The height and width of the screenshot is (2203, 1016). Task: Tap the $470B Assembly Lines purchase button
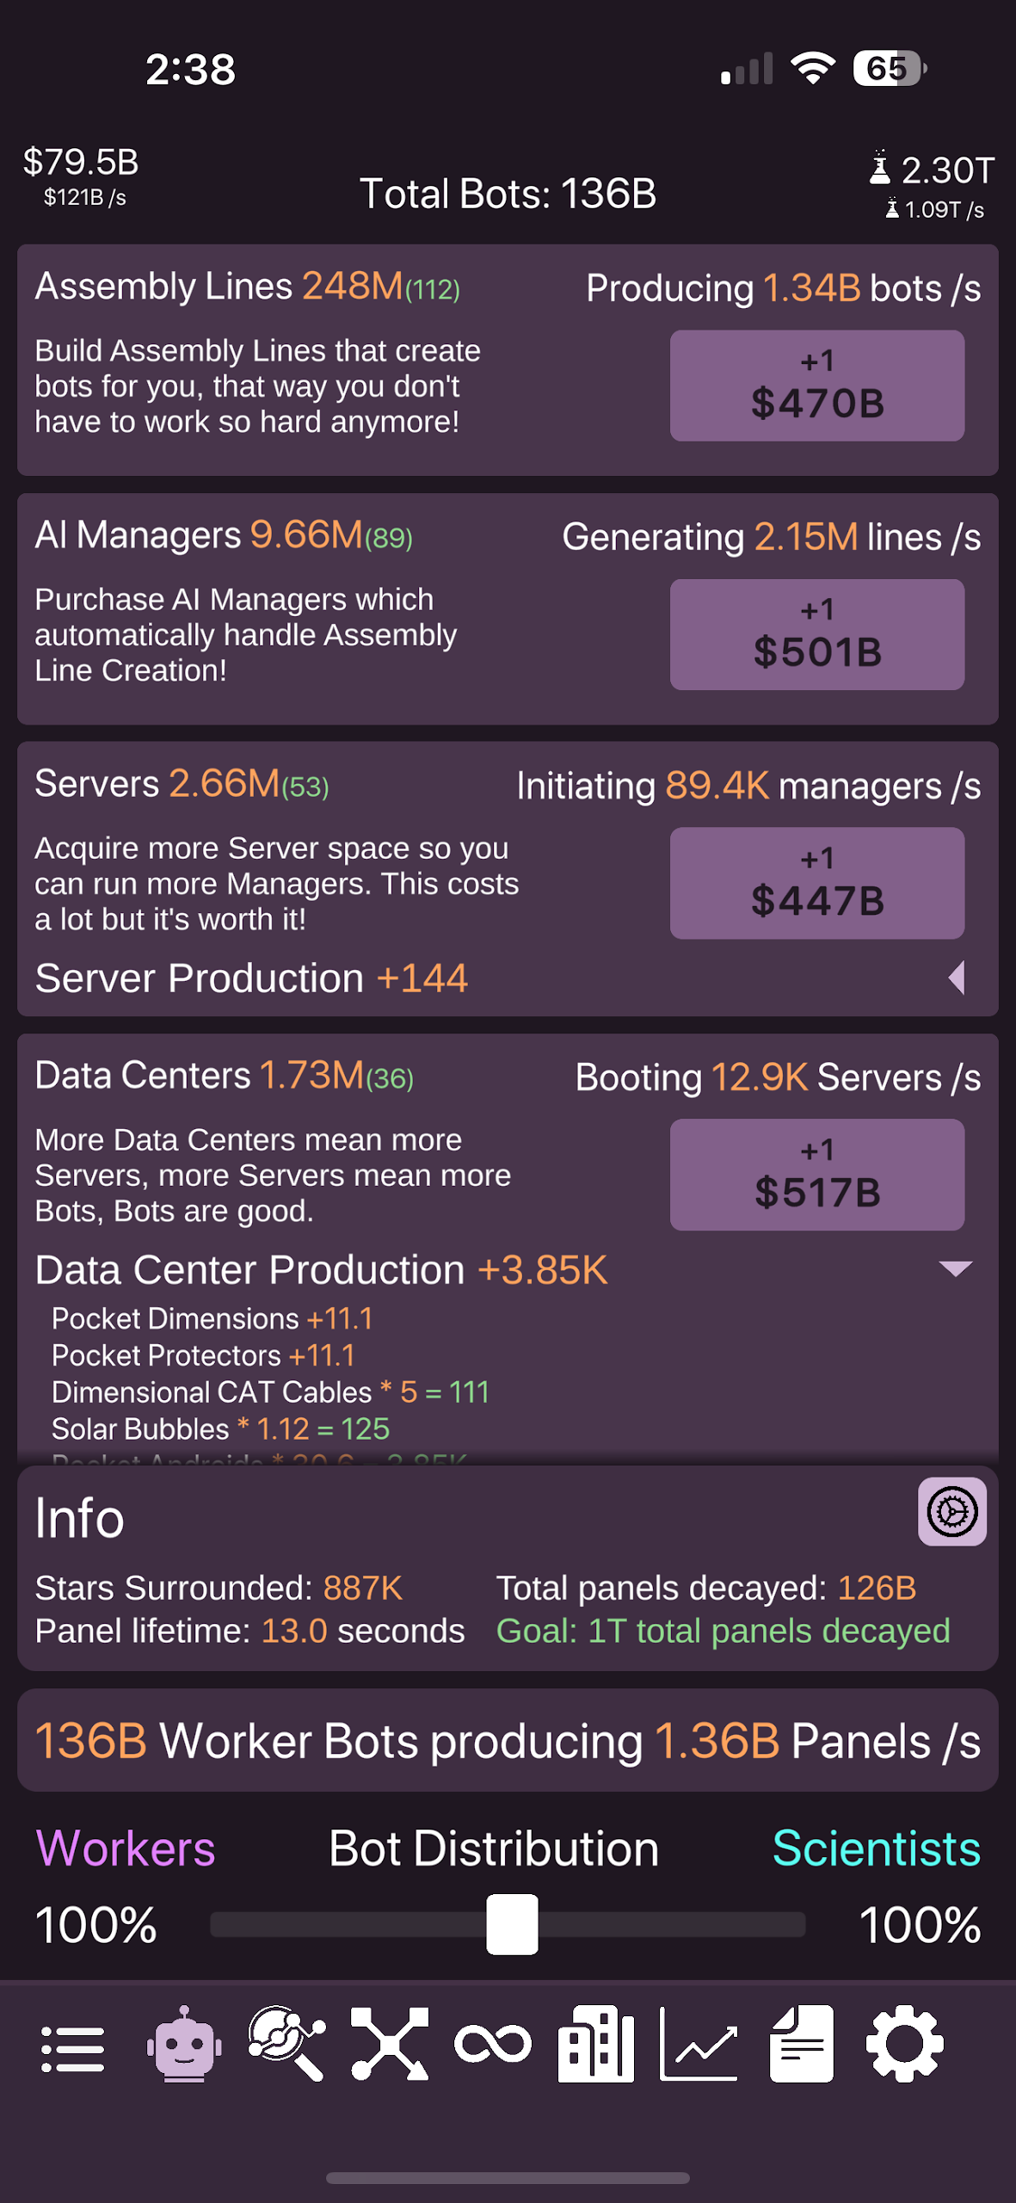pyautogui.click(x=816, y=386)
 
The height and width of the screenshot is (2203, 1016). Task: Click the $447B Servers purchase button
pyautogui.click(x=816, y=883)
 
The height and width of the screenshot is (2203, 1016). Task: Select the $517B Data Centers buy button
pyautogui.click(x=816, y=1175)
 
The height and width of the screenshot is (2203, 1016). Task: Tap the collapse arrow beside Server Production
pyautogui.click(x=957, y=978)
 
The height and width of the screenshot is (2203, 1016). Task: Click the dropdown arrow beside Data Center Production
pyautogui.click(x=955, y=1268)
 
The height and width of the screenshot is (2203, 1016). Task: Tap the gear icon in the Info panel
pyautogui.click(x=951, y=1512)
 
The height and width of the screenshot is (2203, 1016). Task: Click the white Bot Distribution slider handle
pyautogui.click(x=512, y=1924)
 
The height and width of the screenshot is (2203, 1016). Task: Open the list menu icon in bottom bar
pyautogui.click(x=73, y=2048)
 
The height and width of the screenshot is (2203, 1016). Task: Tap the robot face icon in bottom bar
pyautogui.click(x=183, y=2045)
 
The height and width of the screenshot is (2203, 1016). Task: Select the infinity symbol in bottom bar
pyautogui.click(x=493, y=2045)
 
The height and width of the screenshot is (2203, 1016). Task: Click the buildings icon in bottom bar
pyautogui.click(x=595, y=2045)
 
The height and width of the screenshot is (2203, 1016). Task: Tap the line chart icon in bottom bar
pyautogui.click(x=699, y=2045)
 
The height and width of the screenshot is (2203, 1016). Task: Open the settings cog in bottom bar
pyautogui.click(x=904, y=2045)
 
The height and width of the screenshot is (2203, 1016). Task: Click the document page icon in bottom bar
pyautogui.click(x=802, y=2045)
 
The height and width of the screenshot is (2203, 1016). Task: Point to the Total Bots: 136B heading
pyautogui.click(x=508, y=194)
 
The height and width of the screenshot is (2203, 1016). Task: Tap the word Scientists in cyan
pyautogui.click(x=876, y=1848)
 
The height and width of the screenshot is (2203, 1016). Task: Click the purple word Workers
pyautogui.click(x=126, y=1848)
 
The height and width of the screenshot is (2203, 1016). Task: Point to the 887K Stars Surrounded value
pyautogui.click(x=362, y=1589)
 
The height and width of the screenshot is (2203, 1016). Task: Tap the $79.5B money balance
pyautogui.click(x=81, y=162)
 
